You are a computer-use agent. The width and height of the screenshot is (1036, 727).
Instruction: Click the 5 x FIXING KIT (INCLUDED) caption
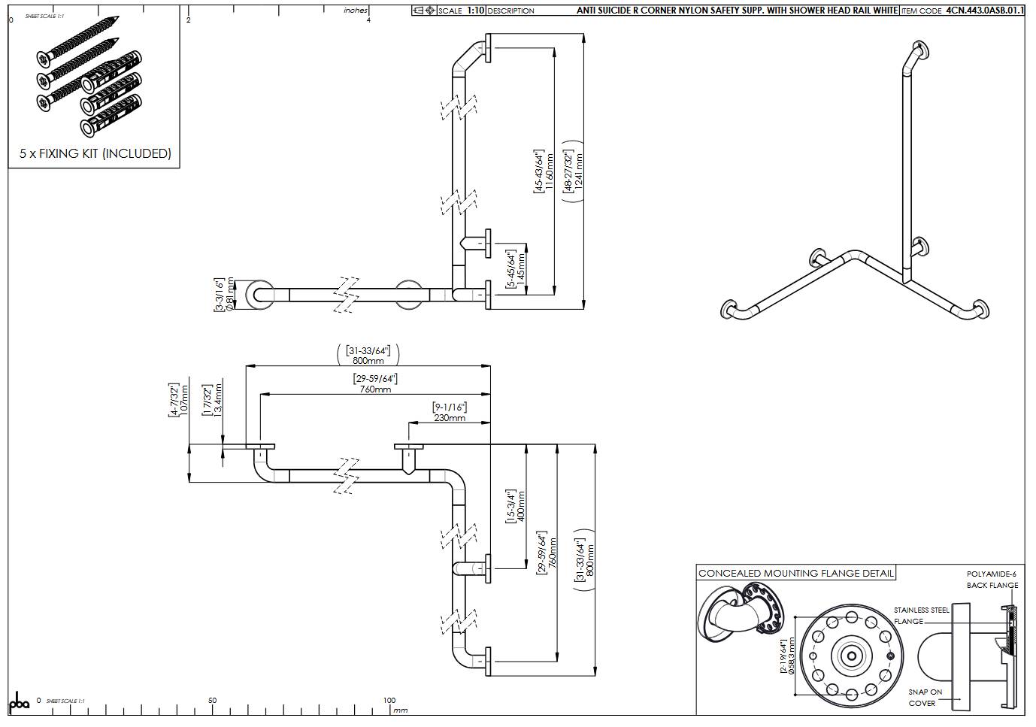pyautogui.click(x=95, y=153)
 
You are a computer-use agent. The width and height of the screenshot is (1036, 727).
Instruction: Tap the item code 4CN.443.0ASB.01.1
pyautogui.click(x=984, y=11)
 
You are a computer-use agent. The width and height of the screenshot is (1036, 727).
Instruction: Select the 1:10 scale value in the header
pyautogui.click(x=476, y=11)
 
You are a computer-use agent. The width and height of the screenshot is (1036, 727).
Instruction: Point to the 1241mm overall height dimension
pyautogui.click(x=579, y=171)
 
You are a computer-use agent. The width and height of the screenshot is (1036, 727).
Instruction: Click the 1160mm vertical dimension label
pyautogui.click(x=550, y=171)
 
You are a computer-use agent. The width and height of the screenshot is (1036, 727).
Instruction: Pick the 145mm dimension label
pyautogui.click(x=521, y=269)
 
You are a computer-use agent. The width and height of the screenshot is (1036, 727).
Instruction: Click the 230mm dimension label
pyautogui.click(x=449, y=417)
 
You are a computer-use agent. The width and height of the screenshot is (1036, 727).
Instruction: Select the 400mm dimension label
pyautogui.click(x=521, y=507)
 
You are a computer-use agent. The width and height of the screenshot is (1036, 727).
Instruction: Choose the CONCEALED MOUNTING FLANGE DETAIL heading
pyautogui.click(x=796, y=573)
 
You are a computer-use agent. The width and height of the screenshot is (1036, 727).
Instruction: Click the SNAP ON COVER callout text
pyautogui.click(x=924, y=697)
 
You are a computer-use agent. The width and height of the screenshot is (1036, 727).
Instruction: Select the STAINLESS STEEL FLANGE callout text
pyautogui.click(x=921, y=616)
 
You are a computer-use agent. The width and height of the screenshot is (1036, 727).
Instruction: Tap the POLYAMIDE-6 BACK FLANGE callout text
pyautogui.click(x=992, y=580)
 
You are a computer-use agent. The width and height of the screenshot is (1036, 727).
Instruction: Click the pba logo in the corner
pyautogui.click(x=19, y=702)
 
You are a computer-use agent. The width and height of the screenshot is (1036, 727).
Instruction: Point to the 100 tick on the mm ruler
pyautogui.click(x=389, y=701)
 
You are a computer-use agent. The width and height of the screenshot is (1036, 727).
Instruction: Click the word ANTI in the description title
pyautogui.click(x=588, y=11)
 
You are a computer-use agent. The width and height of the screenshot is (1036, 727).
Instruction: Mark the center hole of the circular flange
pyautogui.click(x=851, y=656)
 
